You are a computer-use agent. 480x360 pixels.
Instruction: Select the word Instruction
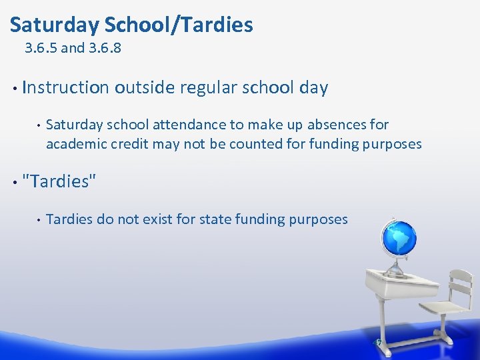[x=65, y=87]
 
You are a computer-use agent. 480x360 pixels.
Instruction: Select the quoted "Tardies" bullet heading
[x=59, y=181]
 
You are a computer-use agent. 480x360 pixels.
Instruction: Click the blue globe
[x=398, y=237]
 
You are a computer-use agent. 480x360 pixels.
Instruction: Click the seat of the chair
[x=443, y=308]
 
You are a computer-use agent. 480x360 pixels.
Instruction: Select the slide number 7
[x=379, y=343]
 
